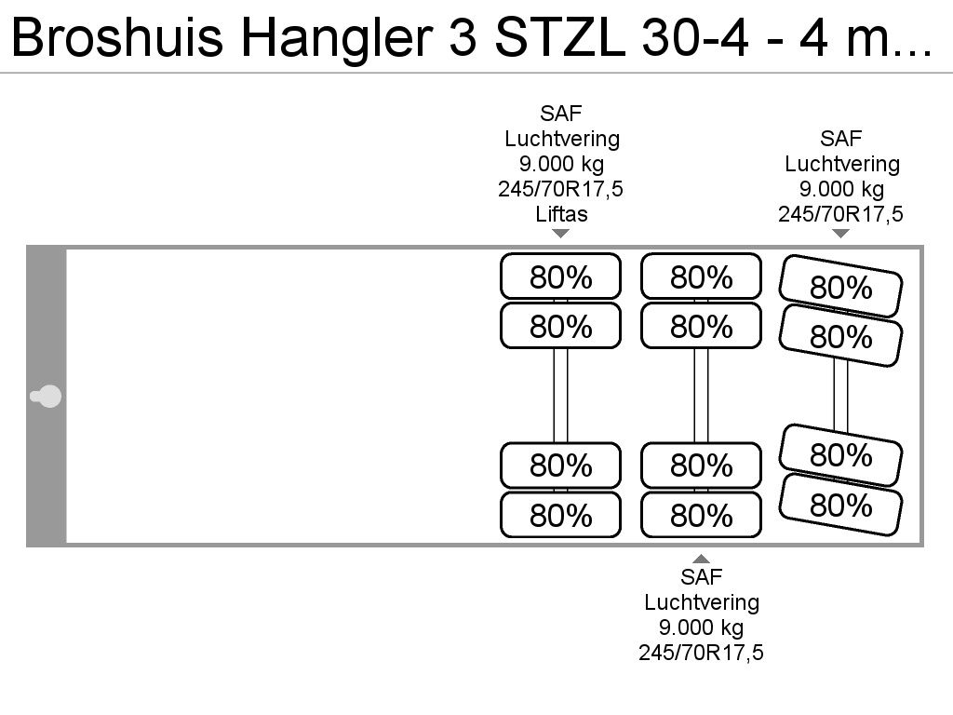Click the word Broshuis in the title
point(117,37)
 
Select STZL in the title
point(560,37)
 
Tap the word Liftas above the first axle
point(561,214)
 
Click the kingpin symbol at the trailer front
point(46,397)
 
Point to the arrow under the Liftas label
point(561,234)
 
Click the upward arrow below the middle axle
point(701,559)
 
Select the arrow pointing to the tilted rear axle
point(840,234)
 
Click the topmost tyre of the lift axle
point(560,277)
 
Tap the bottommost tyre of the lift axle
point(560,515)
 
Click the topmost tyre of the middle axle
point(701,277)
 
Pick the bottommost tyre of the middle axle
point(701,515)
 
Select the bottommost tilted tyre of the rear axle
point(840,505)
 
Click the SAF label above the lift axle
point(561,113)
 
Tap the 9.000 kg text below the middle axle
point(701,627)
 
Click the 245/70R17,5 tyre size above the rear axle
point(840,214)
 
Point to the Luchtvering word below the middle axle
point(702,602)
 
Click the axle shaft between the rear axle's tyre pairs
point(840,395)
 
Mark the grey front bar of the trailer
point(47,397)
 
